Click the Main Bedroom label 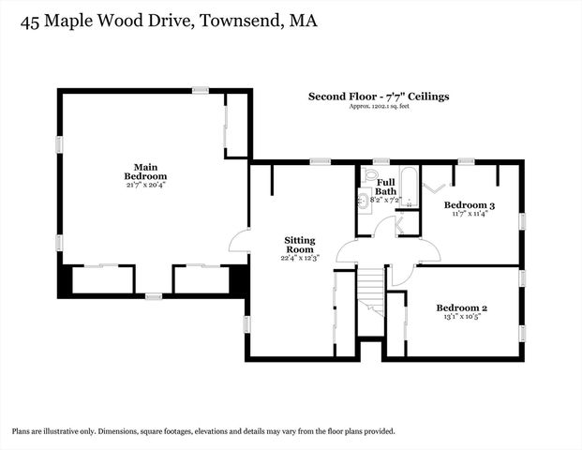(145, 172)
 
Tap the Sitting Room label (299, 246)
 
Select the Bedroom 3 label (469, 205)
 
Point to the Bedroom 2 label (461, 307)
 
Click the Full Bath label (386, 187)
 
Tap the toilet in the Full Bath (370, 175)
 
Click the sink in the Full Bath (363, 199)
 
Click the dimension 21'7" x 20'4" (145, 185)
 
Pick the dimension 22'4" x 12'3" (299, 258)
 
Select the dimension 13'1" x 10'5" (461, 317)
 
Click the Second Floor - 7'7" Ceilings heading (379, 96)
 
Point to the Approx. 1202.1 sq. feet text (379, 107)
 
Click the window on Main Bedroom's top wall (200, 90)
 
